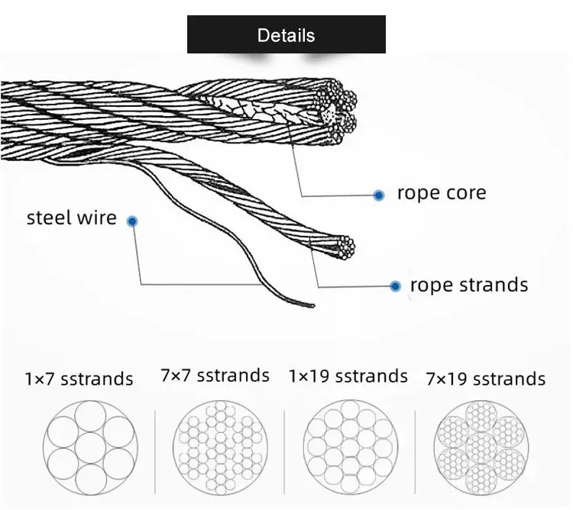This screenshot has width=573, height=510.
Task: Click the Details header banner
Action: coord(286,34)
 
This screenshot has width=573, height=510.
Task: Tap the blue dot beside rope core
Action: coord(378,195)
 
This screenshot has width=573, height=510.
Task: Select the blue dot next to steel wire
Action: coord(132,221)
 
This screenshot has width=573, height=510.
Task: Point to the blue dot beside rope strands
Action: coord(395,286)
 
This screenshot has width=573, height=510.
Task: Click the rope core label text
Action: coord(441,192)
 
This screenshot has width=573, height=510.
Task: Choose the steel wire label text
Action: coord(71,218)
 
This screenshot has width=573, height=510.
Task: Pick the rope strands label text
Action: coord(468,285)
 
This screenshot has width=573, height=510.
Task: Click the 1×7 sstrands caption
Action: coord(79,379)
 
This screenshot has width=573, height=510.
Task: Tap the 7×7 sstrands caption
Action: coord(215,375)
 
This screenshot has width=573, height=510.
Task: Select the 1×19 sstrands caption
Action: coord(348,376)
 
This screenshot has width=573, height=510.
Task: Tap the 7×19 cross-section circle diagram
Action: coord(481,444)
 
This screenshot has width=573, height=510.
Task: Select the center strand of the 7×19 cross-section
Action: coord(481,444)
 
